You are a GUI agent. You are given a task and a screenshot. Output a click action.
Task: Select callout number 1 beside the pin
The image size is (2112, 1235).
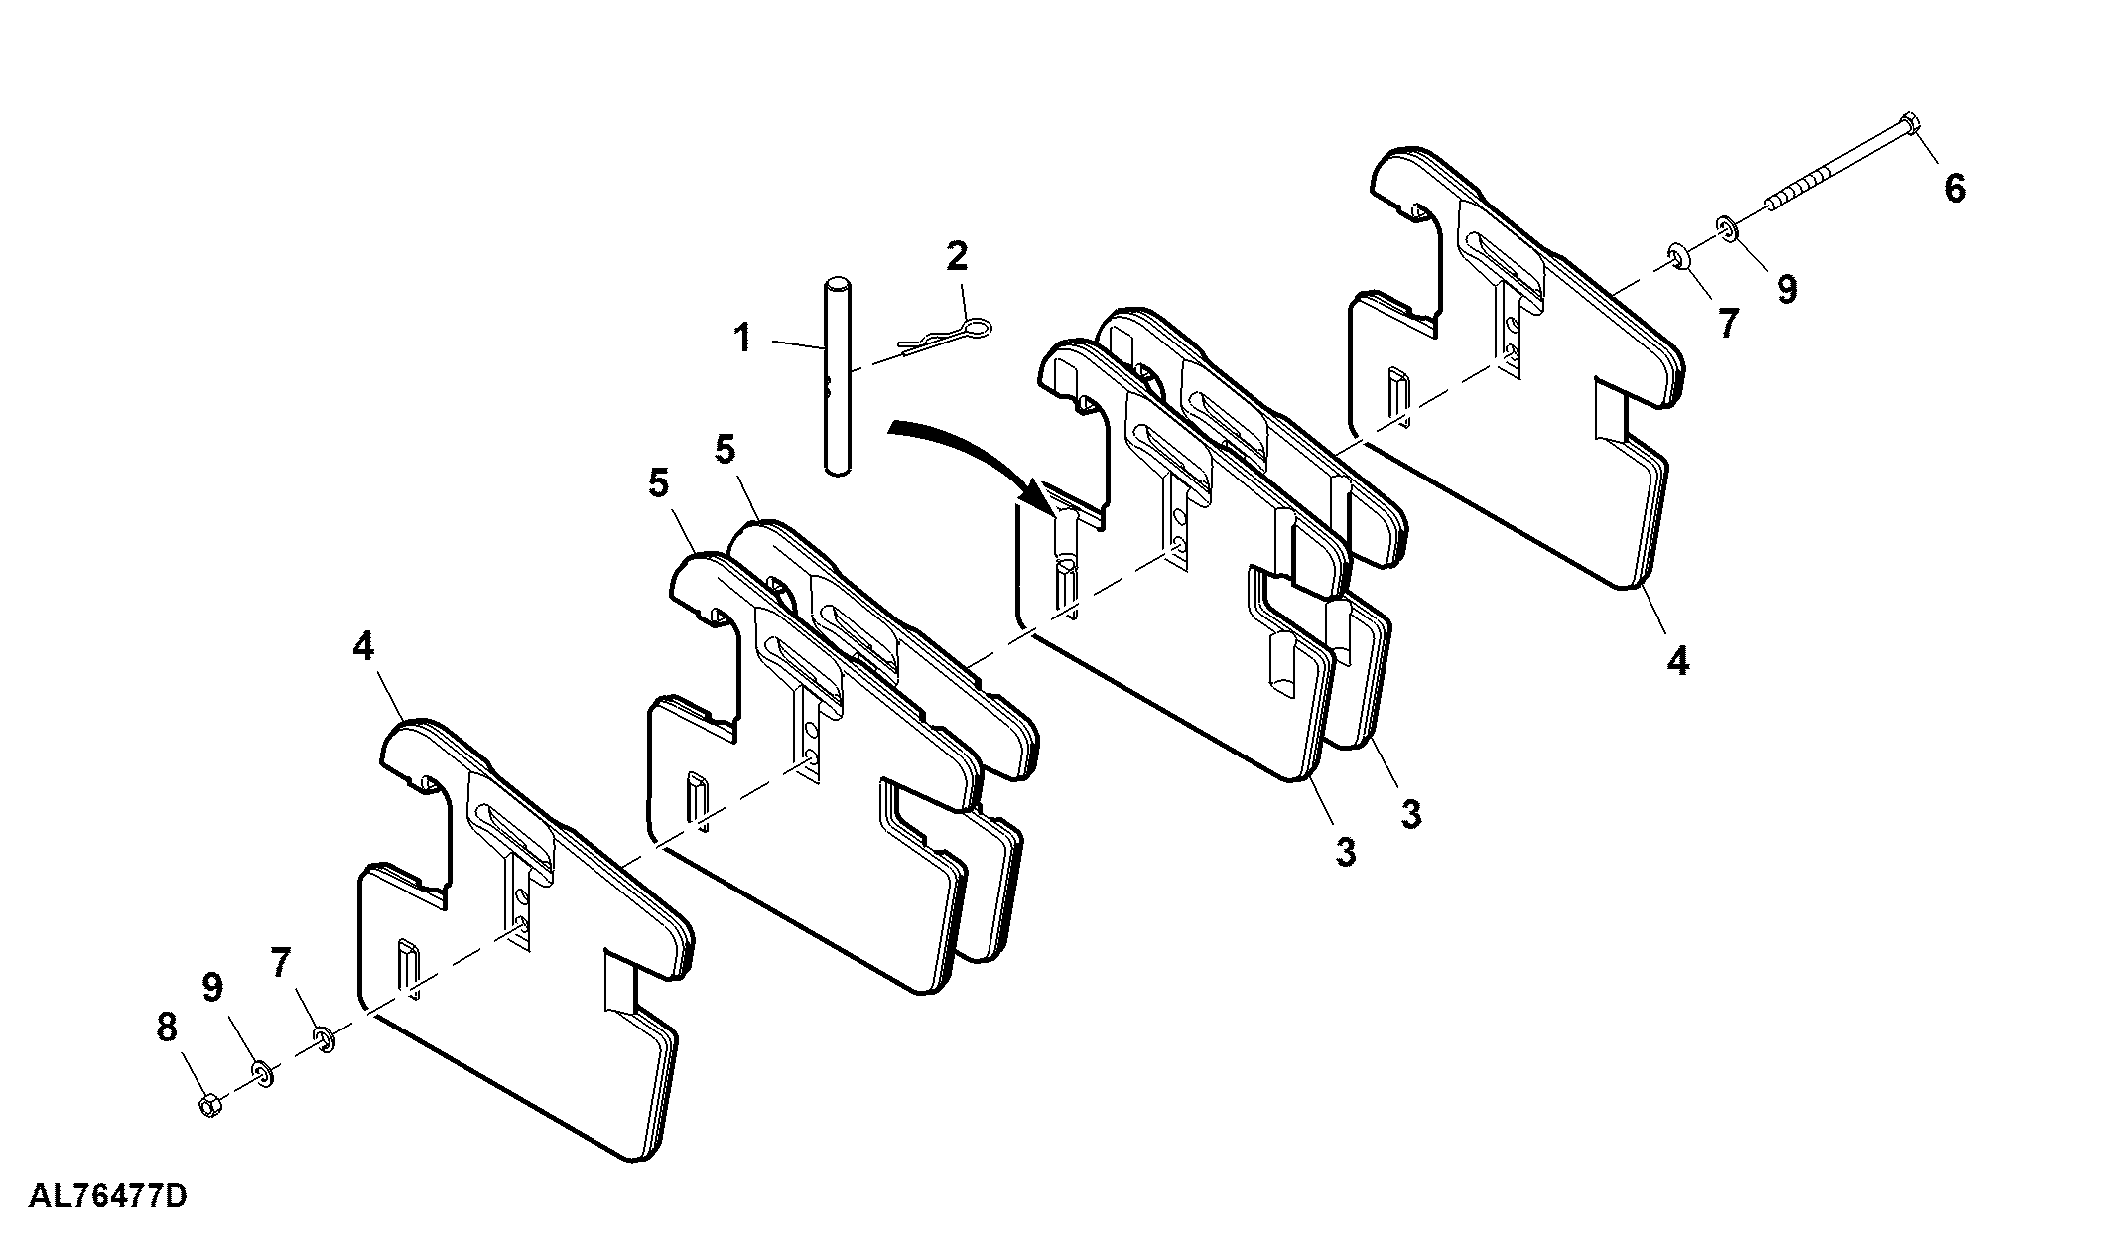click(x=742, y=339)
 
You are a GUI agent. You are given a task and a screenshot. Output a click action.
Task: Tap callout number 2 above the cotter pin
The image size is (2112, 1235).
click(x=956, y=257)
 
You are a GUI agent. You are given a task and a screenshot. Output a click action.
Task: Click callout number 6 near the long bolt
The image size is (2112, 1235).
click(x=1954, y=189)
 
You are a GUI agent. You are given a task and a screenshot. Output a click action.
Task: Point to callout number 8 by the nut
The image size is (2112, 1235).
click(x=166, y=1028)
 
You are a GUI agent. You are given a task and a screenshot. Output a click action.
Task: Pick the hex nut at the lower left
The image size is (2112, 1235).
click(x=209, y=1105)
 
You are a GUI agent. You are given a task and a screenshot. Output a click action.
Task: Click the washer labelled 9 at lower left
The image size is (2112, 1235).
click(x=263, y=1073)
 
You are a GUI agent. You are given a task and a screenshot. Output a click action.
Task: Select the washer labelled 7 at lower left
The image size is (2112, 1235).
click(x=325, y=1039)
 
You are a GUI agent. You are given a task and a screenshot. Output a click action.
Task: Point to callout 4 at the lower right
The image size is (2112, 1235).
click(x=1677, y=661)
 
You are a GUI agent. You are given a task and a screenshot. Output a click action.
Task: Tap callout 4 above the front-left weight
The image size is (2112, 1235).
click(x=363, y=647)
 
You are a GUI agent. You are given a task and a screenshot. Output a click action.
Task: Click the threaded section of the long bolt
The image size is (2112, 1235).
click(x=1796, y=202)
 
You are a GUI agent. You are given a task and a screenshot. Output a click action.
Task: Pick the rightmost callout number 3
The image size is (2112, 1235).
click(x=1410, y=814)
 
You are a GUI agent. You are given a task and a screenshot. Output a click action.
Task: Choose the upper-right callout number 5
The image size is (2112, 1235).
click(x=725, y=450)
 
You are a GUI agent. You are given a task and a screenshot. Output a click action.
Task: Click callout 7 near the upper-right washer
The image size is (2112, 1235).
click(x=1728, y=323)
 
